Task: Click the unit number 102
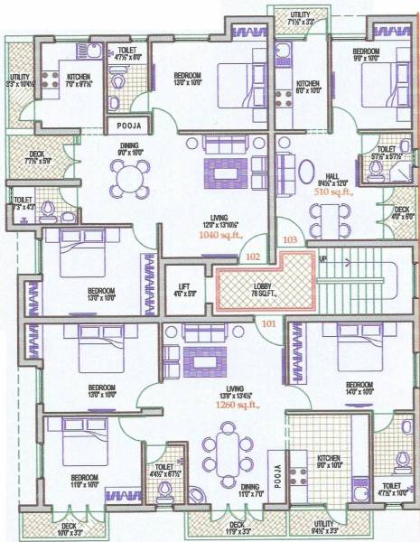(253, 257)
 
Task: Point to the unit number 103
(289, 240)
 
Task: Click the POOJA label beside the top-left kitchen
(124, 126)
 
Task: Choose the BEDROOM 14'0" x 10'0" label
(359, 387)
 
